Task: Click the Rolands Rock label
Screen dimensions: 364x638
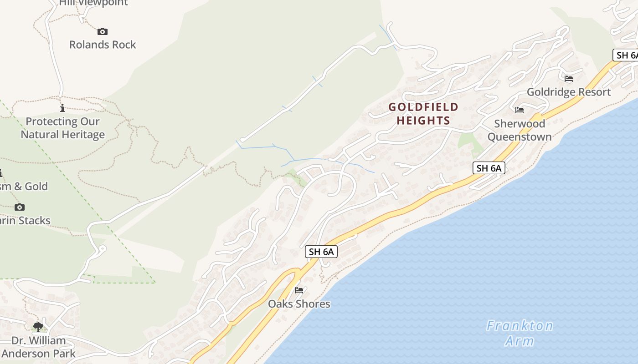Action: [x=103, y=45]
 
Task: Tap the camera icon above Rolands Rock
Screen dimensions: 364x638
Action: [x=103, y=31]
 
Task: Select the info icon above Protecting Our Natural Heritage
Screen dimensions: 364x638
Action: [x=62, y=108]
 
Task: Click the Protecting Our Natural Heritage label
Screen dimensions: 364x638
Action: [x=62, y=128]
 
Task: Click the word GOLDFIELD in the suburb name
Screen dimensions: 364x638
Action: [x=423, y=107]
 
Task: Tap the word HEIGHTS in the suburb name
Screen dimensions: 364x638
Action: [x=423, y=121]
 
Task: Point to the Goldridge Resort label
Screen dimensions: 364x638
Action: [x=568, y=92]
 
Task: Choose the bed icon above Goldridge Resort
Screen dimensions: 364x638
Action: [x=568, y=78]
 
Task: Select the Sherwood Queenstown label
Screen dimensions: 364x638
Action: [x=520, y=130]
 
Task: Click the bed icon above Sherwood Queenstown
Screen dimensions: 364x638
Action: [x=519, y=110]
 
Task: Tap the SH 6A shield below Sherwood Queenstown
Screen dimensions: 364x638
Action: [x=489, y=168]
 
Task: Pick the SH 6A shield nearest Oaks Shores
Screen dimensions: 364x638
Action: [x=321, y=252]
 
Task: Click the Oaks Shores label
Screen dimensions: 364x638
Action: [x=299, y=303]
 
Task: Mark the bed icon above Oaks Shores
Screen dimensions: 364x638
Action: [x=299, y=290]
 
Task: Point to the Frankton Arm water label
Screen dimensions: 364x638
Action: [x=520, y=333]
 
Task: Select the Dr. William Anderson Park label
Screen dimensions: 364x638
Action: [x=38, y=347]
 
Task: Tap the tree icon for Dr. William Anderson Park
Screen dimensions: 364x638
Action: [x=38, y=327]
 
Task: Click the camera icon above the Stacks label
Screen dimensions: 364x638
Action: [x=20, y=207]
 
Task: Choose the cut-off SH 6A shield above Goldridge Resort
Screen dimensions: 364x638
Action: [x=626, y=55]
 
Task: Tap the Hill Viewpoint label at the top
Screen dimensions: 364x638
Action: [x=93, y=3]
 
